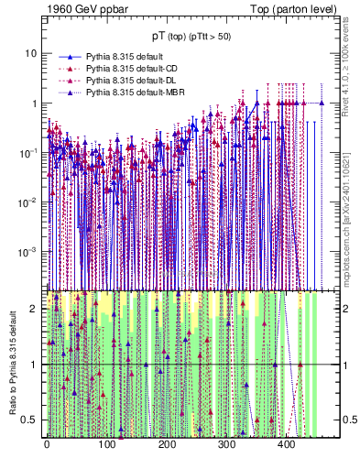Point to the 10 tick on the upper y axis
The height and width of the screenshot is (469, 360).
tap(31, 53)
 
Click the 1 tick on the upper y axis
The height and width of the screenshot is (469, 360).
tap(34, 104)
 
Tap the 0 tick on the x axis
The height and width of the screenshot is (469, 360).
tap(47, 444)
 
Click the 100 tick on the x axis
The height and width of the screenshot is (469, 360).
tap(106, 444)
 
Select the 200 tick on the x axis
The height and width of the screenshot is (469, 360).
tap(167, 444)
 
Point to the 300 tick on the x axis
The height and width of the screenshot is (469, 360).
tap(226, 444)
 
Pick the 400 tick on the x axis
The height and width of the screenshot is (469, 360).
tap(286, 444)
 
